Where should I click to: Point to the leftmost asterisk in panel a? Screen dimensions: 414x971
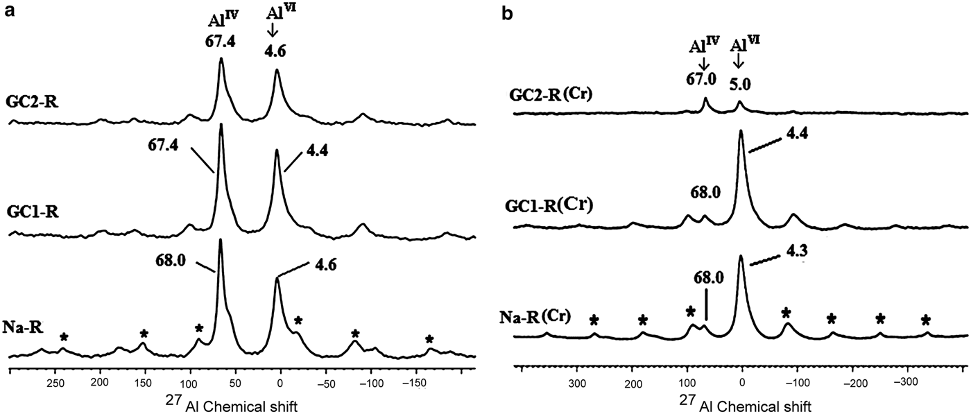coord(64,338)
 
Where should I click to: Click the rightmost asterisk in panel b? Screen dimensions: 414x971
coord(926,320)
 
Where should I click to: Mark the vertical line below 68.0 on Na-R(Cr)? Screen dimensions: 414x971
coord(706,305)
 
